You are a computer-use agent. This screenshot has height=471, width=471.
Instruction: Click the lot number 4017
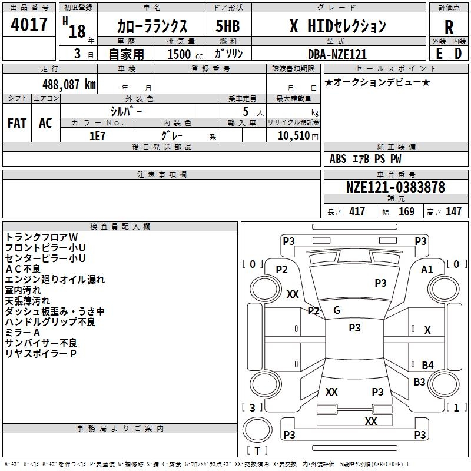tap(29, 25)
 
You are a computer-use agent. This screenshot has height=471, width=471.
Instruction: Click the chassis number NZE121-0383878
tap(395, 188)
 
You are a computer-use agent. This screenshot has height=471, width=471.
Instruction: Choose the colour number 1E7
tap(97, 135)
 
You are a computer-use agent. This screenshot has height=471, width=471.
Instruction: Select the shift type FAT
tap(17, 123)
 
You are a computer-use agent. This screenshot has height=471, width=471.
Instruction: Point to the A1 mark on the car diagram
tap(427, 269)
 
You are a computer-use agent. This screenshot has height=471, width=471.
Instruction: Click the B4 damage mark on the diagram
tap(427, 366)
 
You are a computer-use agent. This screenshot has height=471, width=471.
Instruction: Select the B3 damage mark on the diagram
tap(419, 382)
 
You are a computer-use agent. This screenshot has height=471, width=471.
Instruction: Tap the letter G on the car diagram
tap(337, 310)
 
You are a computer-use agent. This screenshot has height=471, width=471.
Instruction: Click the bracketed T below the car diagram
tap(257, 451)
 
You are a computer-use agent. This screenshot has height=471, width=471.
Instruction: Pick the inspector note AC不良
tap(23, 269)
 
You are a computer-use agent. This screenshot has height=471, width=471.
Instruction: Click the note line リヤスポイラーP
tap(41, 353)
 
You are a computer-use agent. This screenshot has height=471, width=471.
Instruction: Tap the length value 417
tap(357, 212)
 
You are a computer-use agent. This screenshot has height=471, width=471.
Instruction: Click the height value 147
tap(453, 212)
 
